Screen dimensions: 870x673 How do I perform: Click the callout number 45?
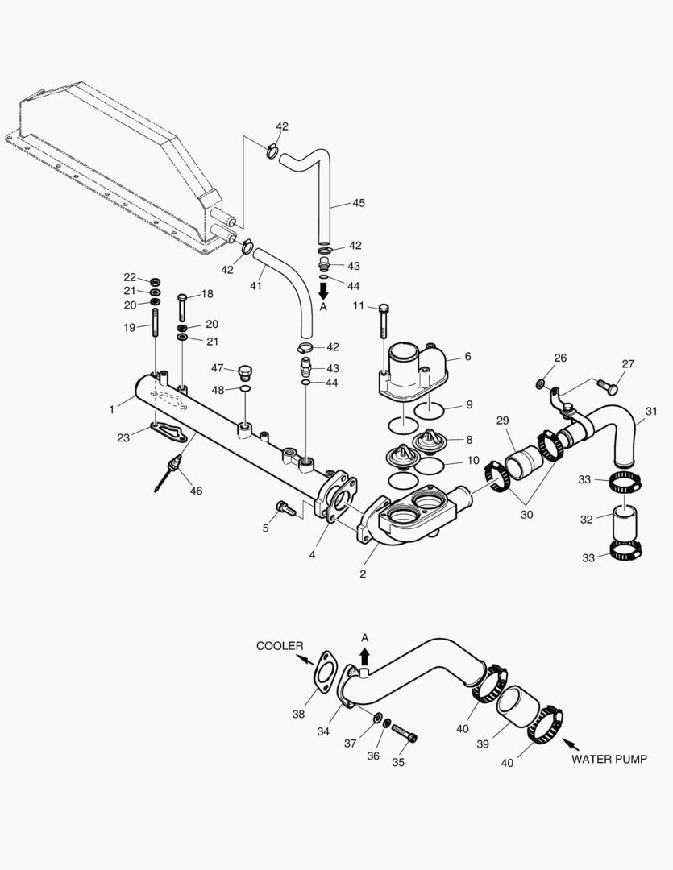pos(359,203)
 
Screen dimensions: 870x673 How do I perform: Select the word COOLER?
pos(280,646)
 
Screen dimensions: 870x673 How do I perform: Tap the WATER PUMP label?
pos(609,759)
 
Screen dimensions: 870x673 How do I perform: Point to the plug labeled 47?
pos(246,371)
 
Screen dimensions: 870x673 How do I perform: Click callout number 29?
pos(502,421)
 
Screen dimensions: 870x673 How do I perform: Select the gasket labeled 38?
pos(325,671)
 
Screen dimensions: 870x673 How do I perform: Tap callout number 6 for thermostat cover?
pos(467,356)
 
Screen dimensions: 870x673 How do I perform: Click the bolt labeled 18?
pos(182,306)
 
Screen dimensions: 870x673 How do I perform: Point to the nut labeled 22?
pos(156,280)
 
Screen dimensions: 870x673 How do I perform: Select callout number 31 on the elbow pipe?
pos(651,411)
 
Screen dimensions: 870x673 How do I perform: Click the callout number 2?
pos(363,574)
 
